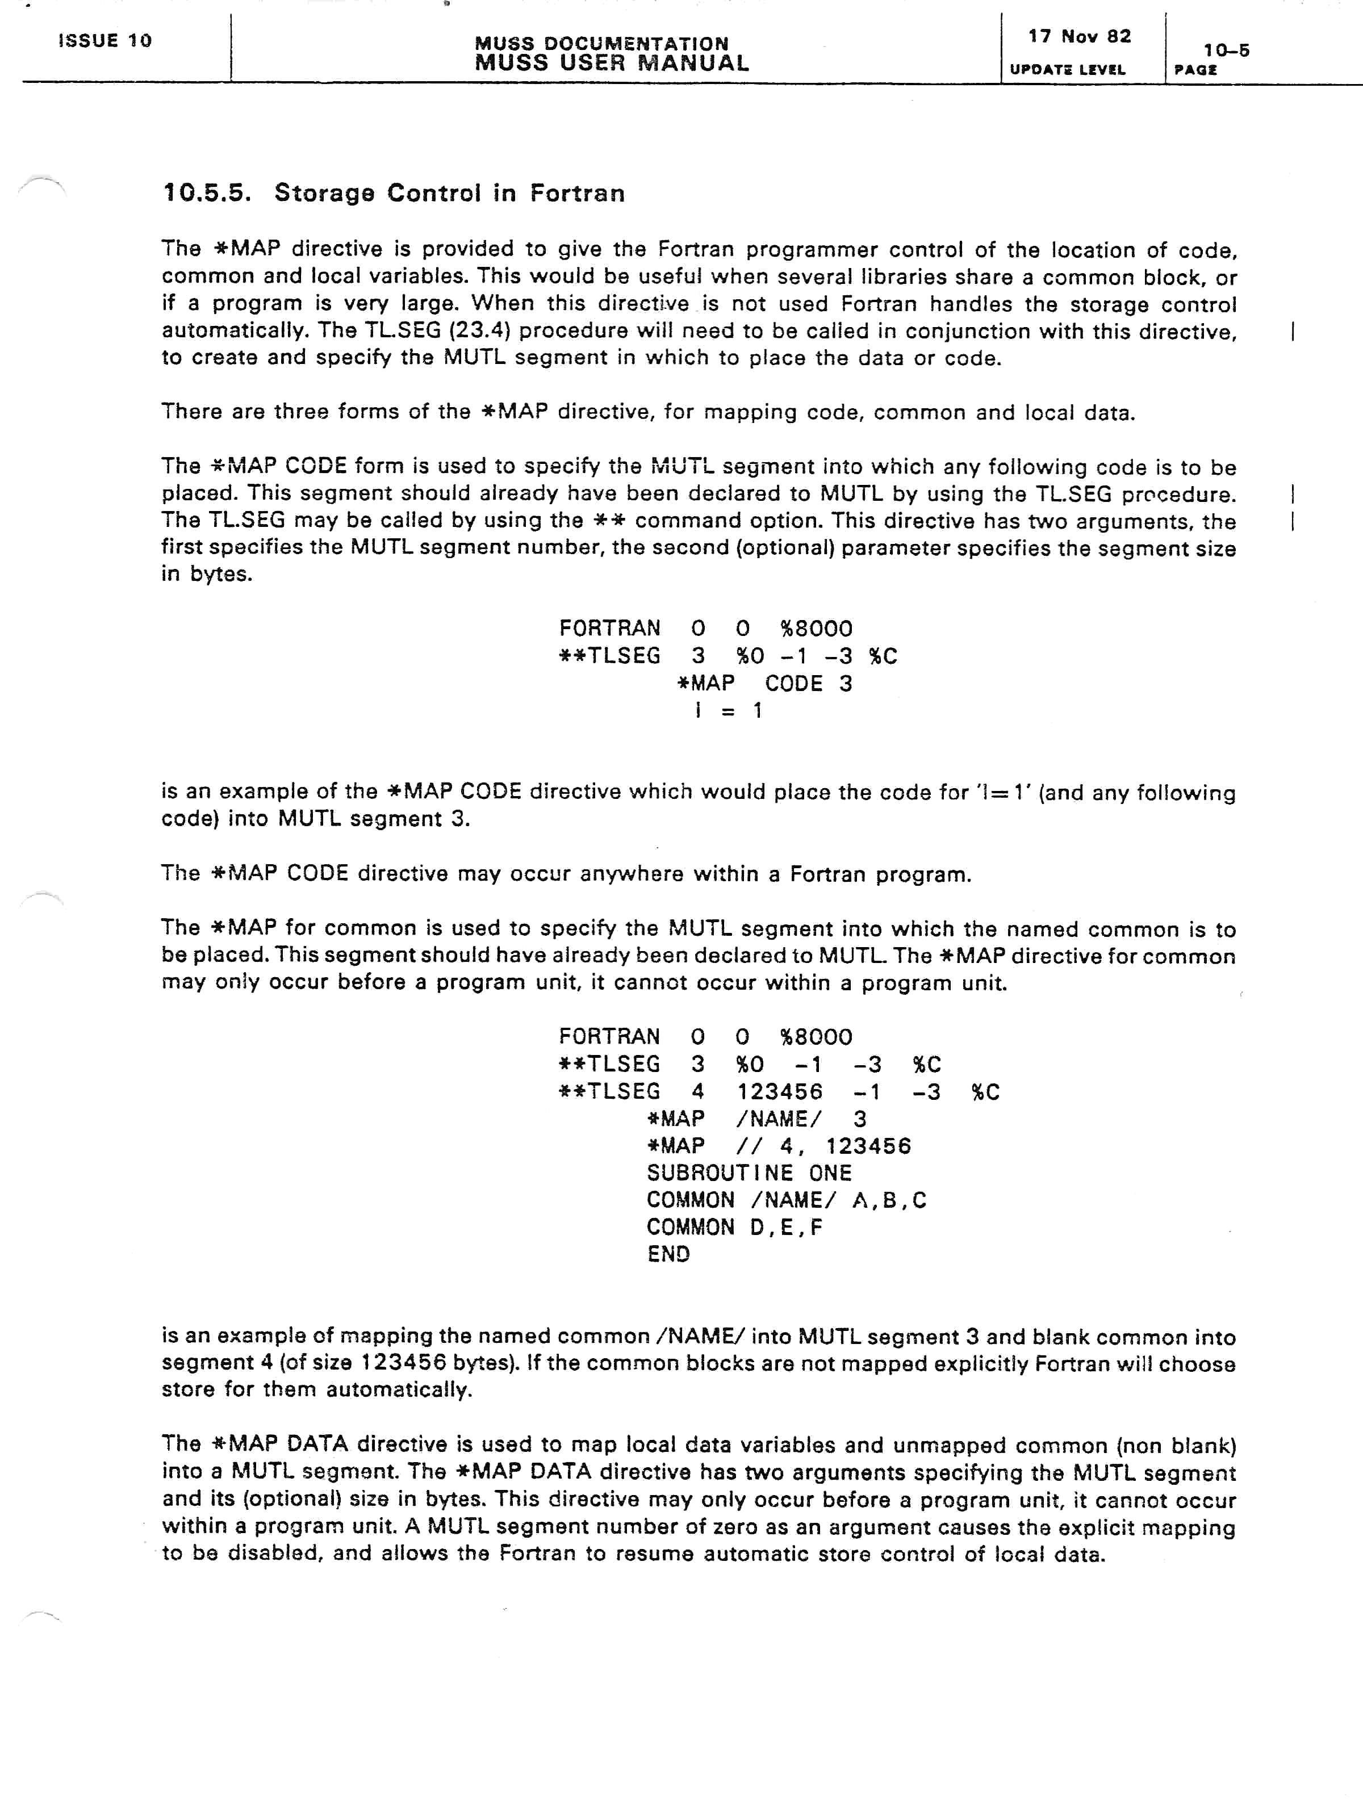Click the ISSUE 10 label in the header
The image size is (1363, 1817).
(105, 40)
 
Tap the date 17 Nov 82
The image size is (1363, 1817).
(1078, 36)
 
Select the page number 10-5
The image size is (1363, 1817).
(1226, 50)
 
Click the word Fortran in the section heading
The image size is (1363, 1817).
(577, 193)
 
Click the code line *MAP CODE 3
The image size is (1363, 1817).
(764, 684)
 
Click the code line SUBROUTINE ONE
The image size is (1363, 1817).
(749, 1173)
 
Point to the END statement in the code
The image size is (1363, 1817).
(668, 1254)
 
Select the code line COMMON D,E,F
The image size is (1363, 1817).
(734, 1227)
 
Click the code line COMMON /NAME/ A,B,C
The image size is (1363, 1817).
(785, 1200)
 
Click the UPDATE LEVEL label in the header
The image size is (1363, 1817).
(1067, 70)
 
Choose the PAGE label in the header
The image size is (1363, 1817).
(1195, 70)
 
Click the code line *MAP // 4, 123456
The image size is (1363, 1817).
(778, 1146)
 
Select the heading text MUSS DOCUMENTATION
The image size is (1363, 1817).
(601, 43)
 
